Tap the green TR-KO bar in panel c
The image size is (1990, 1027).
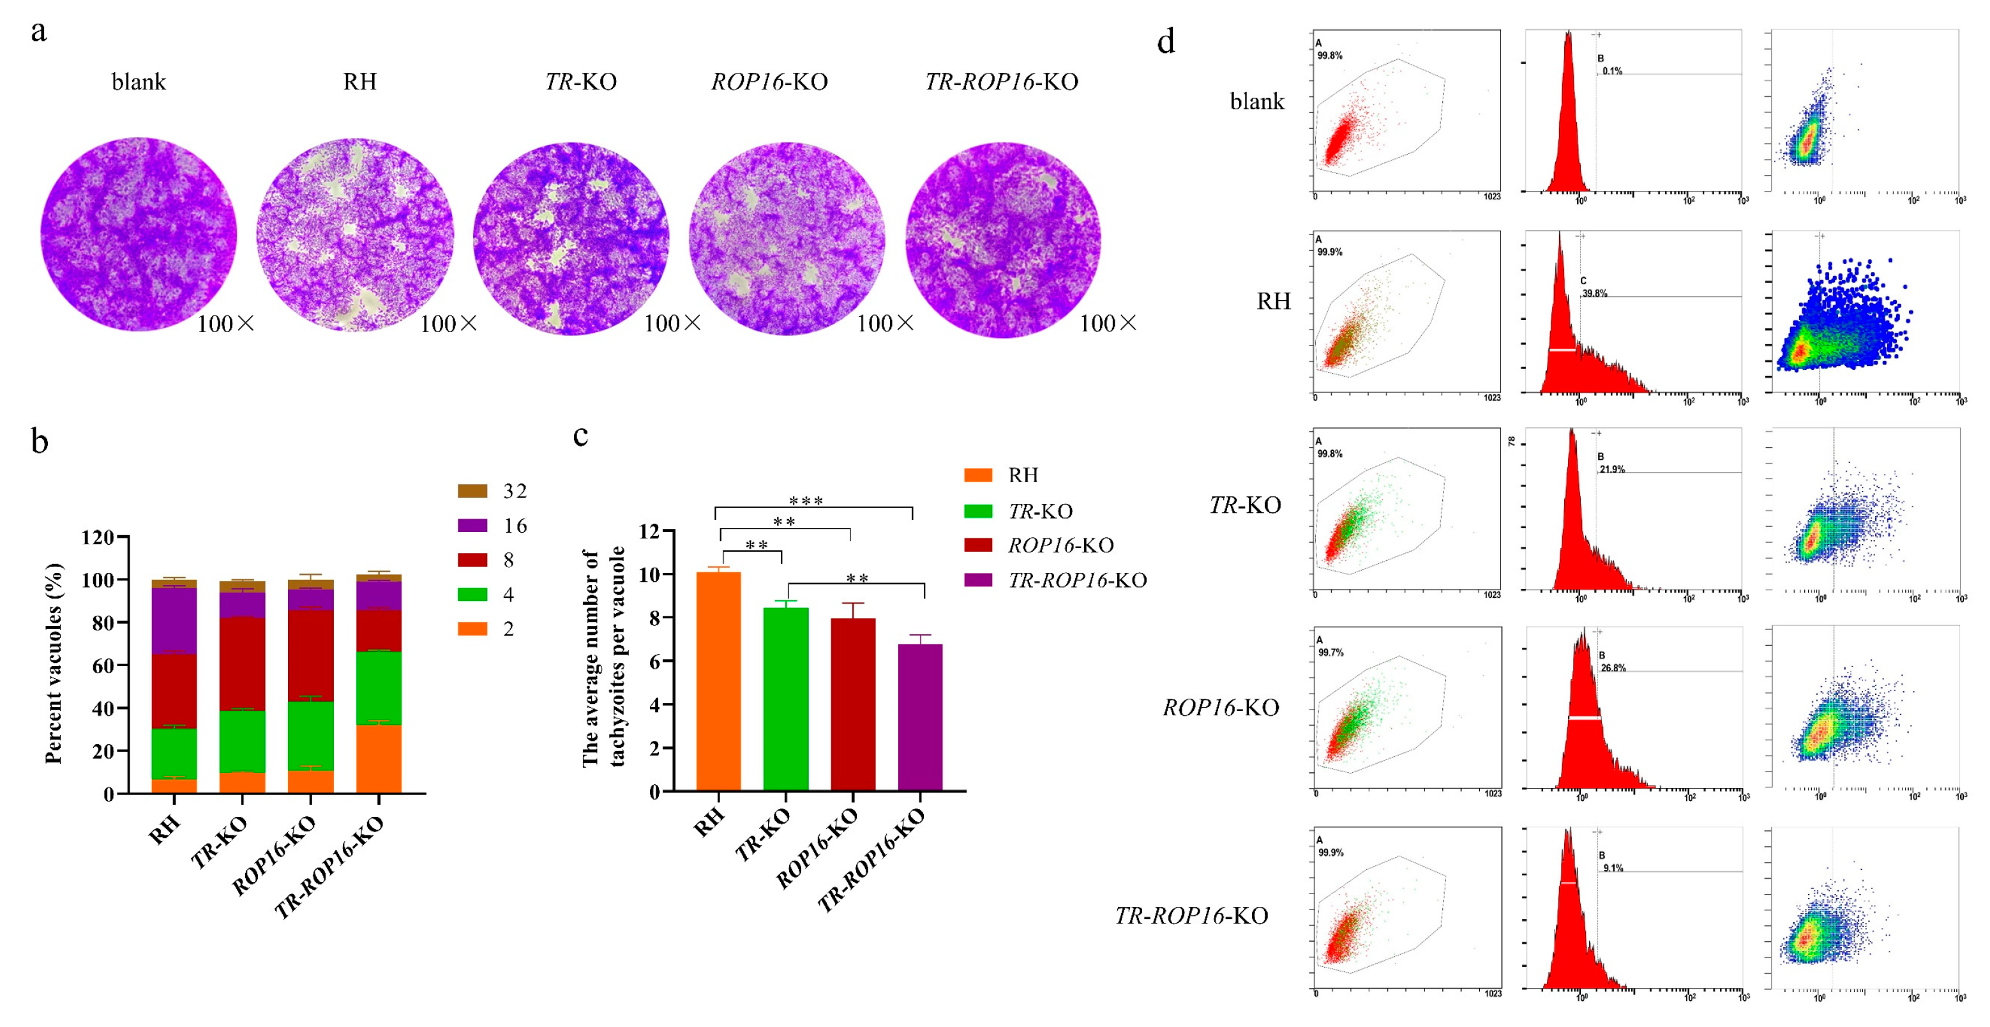click(786, 699)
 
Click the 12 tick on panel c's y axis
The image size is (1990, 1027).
click(651, 531)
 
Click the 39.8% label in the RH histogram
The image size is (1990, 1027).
click(1594, 294)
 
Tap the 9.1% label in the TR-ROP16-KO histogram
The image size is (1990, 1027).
click(1613, 869)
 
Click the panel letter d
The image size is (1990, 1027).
click(1166, 42)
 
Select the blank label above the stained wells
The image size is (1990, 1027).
click(139, 82)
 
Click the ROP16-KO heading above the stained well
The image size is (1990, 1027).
click(769, 82)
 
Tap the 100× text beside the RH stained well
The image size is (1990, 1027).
click(449, 324)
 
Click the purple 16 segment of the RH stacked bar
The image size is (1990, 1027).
click(174, 621)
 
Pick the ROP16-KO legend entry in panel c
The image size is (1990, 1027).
click(1060, 545)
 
